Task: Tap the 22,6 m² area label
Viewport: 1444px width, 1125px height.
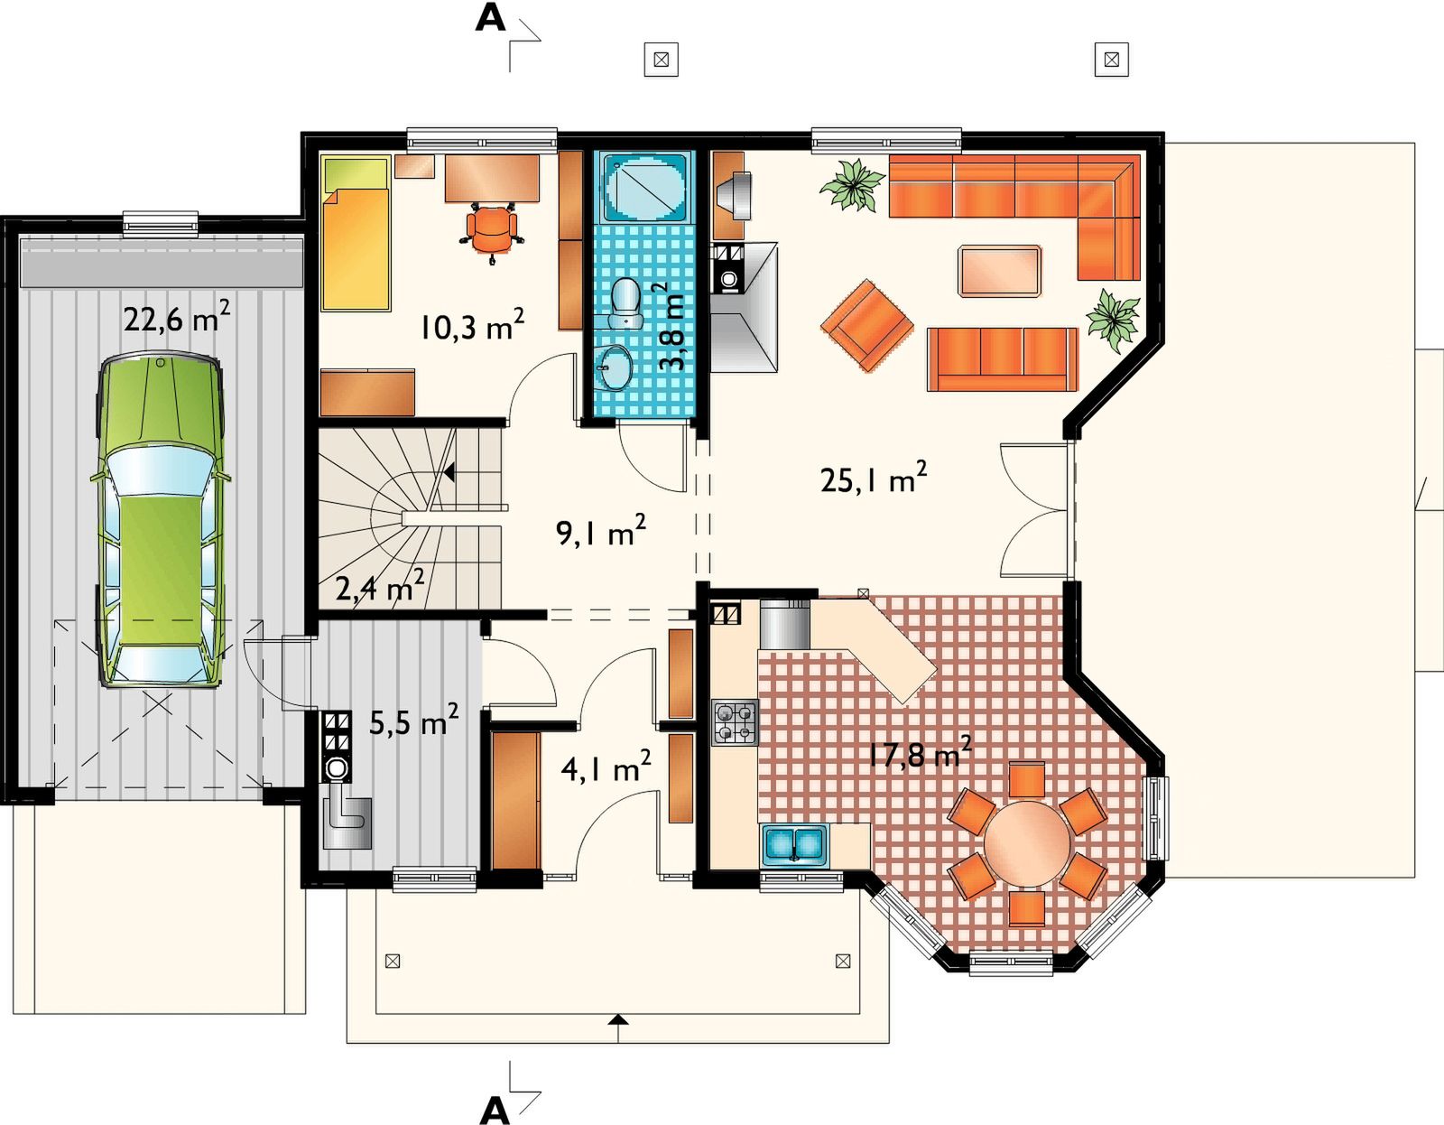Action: coord(177,318)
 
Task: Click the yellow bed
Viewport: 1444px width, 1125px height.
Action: coord(356,234)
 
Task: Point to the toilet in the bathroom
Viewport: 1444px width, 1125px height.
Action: coord(625,303)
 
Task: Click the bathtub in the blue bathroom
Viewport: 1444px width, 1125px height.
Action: coord(645,187)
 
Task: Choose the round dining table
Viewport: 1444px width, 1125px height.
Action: coord(1027,842)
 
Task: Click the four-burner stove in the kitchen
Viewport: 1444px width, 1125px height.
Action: coord(735,721)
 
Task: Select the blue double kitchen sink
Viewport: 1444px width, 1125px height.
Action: coord(794,845)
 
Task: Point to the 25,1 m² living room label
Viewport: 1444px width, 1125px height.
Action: coord(874,478)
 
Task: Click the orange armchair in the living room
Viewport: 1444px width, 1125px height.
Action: coord(866,326)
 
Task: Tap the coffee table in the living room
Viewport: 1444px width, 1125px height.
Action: coord(999,271)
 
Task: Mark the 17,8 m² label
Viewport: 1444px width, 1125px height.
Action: coord(920,752)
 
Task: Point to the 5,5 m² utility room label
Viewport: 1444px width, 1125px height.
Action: coord(413,721)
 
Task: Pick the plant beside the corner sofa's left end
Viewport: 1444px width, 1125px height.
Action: coord(852,185)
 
